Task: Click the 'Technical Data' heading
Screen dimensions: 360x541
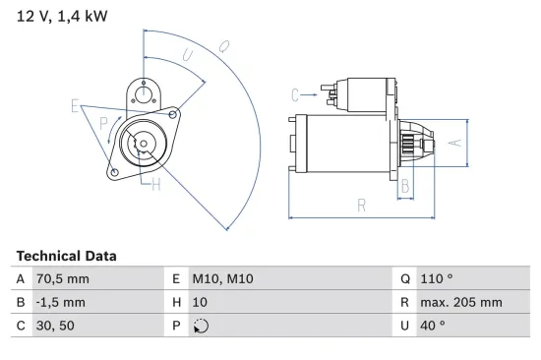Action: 66,256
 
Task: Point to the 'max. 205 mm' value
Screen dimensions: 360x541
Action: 462,303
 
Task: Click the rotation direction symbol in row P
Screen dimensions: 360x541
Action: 203,327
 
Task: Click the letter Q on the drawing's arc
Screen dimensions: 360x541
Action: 224,46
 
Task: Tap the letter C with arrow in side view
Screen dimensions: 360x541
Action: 295,94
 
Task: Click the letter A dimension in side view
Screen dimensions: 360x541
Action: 453,142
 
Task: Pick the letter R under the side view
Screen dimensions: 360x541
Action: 362,205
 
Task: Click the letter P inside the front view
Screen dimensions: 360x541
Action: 103,122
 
